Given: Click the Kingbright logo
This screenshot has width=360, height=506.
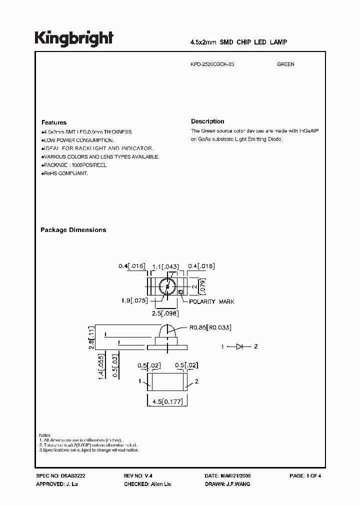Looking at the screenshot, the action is click(74, 38).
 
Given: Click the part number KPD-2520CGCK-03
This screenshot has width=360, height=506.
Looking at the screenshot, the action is click(212, 64).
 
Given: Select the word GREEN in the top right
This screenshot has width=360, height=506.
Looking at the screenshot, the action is click(285, 64).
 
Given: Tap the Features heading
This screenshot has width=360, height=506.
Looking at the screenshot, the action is click(53, 122).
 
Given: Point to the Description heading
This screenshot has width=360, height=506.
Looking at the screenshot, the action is click(207, 121).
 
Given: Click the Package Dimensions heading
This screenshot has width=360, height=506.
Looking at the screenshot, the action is click(73, 230).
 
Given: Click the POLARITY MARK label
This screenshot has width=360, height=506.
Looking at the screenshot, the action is click(211, 301).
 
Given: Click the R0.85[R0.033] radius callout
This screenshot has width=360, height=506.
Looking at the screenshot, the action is click(209, 327).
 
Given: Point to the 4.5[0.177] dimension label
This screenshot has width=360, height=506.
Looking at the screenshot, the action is click(166, 402).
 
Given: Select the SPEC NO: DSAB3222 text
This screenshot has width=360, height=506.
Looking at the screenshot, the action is click(57, 476).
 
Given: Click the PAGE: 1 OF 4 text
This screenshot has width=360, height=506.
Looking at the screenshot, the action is click(305, 476).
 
